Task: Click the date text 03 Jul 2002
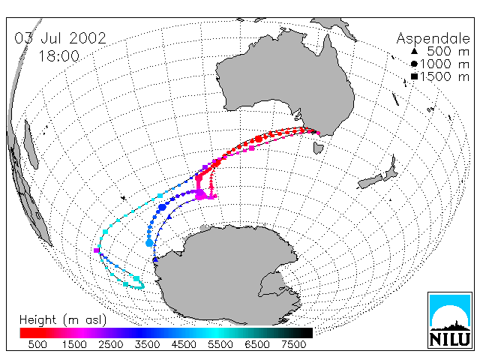click(x=60, y=38)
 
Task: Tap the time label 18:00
click(x=58, y=56)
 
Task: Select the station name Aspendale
click(x=433, y=39)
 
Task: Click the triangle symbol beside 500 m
click(x=414, y=51)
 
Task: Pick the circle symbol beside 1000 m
click(x=414, y=64)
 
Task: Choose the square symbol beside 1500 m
click(x=414, y=76)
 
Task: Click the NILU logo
click(x=450, y=320)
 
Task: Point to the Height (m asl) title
click(x=63, y=320)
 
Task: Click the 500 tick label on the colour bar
click(x=37, y=345)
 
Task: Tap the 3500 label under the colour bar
click(x=147, y=345)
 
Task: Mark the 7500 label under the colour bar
click(x=293, y=345)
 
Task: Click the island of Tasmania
click(x=318, y=148)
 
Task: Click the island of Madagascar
click(x=31, y=145)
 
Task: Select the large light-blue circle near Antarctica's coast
click(x=149, y=243)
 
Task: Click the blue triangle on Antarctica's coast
click(x=155, y=259)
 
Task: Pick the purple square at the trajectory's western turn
click(x=97, y=250)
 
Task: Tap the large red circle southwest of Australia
click(x=259, y=139)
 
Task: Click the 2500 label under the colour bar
click(x=111, y=345)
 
